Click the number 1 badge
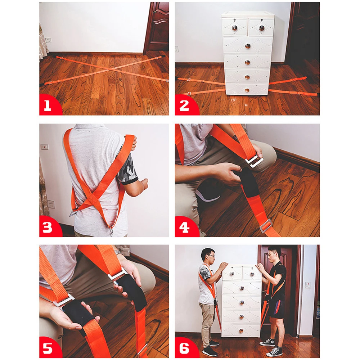pyautogui.click(x=48, y=105)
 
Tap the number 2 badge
pyautogui.click(x=184, y=105)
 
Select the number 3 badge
pyautogui.click(x=48, y=228)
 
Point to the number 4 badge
pyautogui.click(x=184, y=228)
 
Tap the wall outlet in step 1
pyautogui.click(x=49, y=40)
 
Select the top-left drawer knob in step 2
pyautogui.click(x=234, y=28)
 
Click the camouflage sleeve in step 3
pyautogui.click(x=128, y=169)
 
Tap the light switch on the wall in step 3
pyautogui.click(x=44, y=147)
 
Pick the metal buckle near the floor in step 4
pyautogui.click(x=266, y=226)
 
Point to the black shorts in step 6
pyautogui.click(x=277, y=308)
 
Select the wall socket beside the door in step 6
pyautogui.click(x=308, y=285)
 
